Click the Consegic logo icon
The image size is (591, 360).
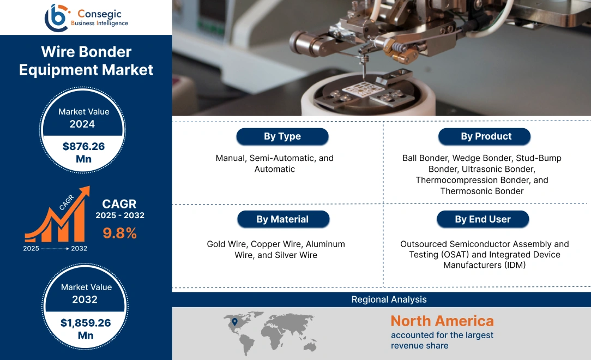coord(56,17)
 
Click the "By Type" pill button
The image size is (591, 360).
coord(282,136)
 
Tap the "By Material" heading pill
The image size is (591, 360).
coord(282,219)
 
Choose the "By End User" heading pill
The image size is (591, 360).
coord(483,219)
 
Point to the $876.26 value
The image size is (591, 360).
coord(83,146)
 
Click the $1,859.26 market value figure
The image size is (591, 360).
coord(86,322)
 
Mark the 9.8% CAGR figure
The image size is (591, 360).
coord(119,233)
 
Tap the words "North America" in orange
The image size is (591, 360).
coord(442,321)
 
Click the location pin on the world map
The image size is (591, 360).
coord(234,322)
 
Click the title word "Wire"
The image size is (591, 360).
coord(59,52)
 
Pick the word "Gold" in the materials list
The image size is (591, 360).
coord(216,244)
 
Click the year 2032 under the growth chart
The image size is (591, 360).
coord(79,248)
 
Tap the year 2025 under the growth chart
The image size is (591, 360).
coord(31,248)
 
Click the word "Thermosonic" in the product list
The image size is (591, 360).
coord(465,191)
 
